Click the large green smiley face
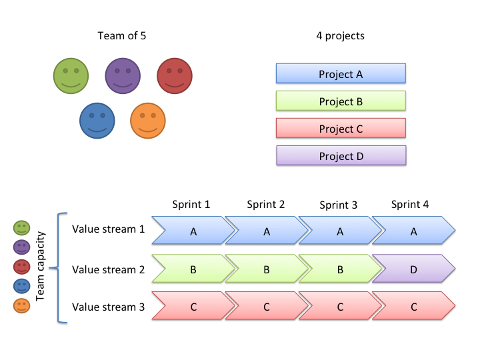pyautogui.click(x=71, y=75)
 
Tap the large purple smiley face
pyautogui.click(x=123, y=75)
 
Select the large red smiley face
pyautogui.click(x=175, y=75)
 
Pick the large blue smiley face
pyautogui.click(x=97, y=121)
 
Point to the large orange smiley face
pyautogui.click(x=148, y=121)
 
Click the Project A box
pyautogui.click(x=341, y=73)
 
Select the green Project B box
pyautogui.click(x=341, y=101)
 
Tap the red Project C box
pyautogui.click(x=341, y=128)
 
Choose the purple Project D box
pyautogui.click(x=341, y=155)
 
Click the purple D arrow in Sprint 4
pyautogui.click(x=414, y=269)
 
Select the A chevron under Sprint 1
pyautogui.click(x=193, y=230)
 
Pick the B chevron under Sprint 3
pyautogui.click(x=340, y=269)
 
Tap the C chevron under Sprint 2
pyautogui.click(x=267, y=306)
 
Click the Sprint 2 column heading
pyautogui.click(x=266, y=204)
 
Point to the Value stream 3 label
pyautogui.click(x=108, y=307)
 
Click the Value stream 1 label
pyautogui.click(x=108, y=229)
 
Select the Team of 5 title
pyautogui.click(x=122, y=36)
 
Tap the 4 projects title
pyautogui.click(x=341, y=36)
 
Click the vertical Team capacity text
pyautogui.click(x=41, y=266)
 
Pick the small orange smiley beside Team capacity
pyautogui.click(x=22, y=306)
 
